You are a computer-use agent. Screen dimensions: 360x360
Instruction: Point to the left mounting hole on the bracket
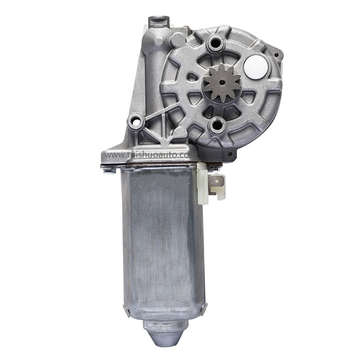pos(135,121)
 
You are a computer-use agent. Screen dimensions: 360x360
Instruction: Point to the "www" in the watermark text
pos(112,155)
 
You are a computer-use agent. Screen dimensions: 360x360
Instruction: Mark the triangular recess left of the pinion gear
pos(193,76)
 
